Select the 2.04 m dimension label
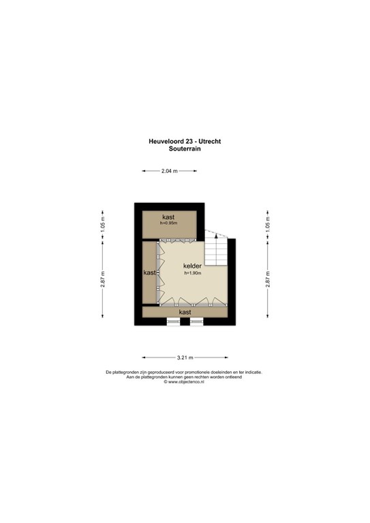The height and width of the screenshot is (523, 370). point(170,172)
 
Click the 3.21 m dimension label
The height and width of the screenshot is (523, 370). point(185,357)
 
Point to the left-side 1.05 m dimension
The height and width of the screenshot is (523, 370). point(103,225)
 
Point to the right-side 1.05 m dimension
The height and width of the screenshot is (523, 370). point(267,225)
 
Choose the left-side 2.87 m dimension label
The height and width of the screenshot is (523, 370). point(103,279)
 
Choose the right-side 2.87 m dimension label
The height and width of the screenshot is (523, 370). point(267,279)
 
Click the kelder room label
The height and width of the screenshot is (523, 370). point(192,266)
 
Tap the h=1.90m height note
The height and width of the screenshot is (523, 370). point(194,274)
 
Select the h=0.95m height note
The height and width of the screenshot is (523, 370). point(168,223)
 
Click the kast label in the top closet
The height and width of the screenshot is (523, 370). point(168,217)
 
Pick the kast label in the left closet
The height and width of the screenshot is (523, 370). point(149,272)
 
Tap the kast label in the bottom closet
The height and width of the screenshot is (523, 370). point(184,312)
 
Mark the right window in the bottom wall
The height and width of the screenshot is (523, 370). point(196,321)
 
